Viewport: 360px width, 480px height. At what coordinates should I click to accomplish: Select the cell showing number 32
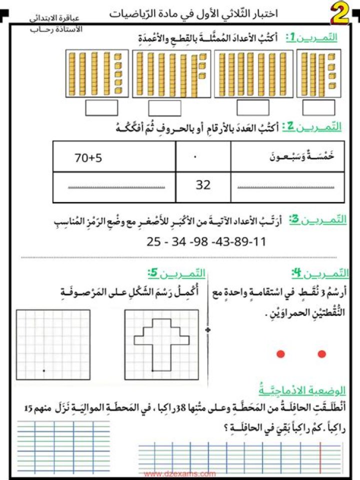click(x=203, y=185)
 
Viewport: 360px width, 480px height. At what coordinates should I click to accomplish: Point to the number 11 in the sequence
click(x=260, y=242)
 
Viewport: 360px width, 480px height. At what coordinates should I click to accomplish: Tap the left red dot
click(x=280, y=354)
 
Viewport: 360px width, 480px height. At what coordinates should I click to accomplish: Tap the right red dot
click(x=322, y=354)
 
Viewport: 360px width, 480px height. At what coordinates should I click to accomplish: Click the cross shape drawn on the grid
click(x=161, y=340)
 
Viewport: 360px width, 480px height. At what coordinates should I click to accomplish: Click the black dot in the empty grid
click(x=44, y=370)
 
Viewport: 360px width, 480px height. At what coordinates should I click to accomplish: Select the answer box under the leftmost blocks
click(x=101, y=107)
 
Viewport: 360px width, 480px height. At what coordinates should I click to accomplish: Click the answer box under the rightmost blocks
click(x=319, y=107)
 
